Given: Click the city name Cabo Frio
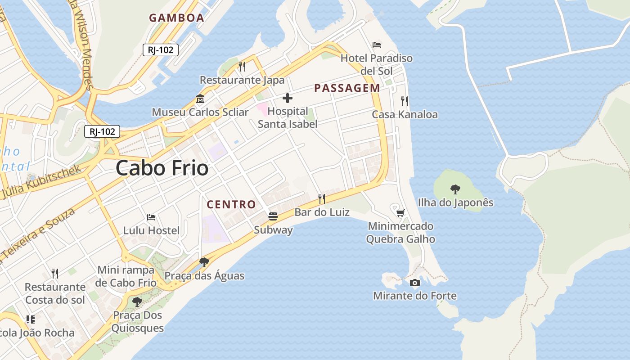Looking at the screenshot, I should click(x=162, y=168).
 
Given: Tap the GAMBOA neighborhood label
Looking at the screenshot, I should click(x=176, y=18).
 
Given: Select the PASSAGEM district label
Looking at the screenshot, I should click(x=347, y=88).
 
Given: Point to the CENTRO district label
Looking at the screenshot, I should click(x=231, y=205).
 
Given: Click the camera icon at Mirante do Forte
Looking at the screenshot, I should click(x=415, y=283).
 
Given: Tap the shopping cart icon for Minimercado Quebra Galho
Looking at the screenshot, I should click(x=400, y=212).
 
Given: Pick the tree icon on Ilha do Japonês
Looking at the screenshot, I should click(x=455, y=189).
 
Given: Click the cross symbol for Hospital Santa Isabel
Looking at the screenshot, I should click(x=288, y=98).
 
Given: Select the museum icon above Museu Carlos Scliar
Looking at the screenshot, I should click(x=200, y=99).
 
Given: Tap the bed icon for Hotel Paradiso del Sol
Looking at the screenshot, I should click(x=377, y=45).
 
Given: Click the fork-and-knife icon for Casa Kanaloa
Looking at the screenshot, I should click(x=405, y=101).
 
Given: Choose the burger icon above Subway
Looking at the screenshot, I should click(x=273, y=216).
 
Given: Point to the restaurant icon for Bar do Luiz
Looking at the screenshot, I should click(x=322, y=198).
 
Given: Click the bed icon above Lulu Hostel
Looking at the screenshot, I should click(x=151, y=217).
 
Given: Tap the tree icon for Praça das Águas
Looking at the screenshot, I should click(x=204, y=262).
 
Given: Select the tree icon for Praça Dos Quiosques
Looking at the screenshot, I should click(x=137, y=301).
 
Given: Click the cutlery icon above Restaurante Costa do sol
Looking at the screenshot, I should click(x=55, y=273).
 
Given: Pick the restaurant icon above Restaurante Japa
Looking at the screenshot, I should click(x=242, y=67).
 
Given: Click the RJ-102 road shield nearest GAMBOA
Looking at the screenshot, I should click(x=161, y=50).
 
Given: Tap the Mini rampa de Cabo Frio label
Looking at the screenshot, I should click(x=126, y=276).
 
